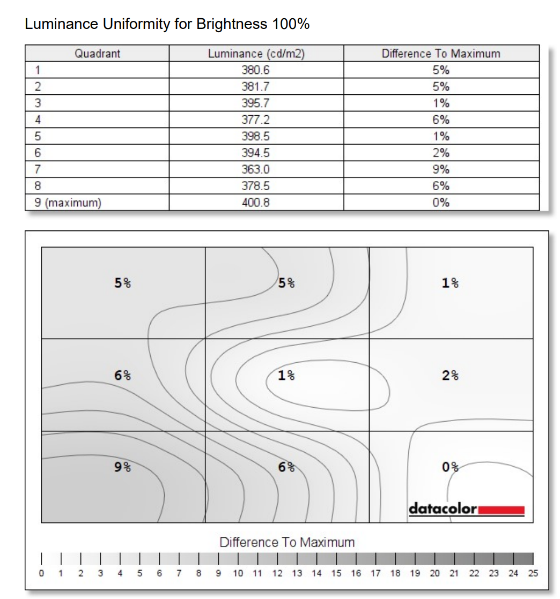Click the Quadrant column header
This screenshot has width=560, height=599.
pyautogui.click(x=97, y=54)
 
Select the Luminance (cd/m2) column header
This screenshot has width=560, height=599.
pyautogui.click(x=256, y=54)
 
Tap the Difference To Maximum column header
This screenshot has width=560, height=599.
pyautogui.click(x=440, y=54)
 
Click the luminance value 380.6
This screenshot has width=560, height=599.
pyautogui.click(x=256, y=70)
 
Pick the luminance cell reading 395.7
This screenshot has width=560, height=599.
pyautogui.click(x=256, y=103)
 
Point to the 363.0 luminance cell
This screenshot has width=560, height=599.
pyautogui.click(x=256, y=169)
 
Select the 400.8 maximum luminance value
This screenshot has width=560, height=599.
pyautogui.click(x=256, y=203)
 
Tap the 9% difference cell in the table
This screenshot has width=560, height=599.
pyautogui.click(x=440, y=169)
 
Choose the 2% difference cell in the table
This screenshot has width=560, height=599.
pyautogui.click(x=440, y=153)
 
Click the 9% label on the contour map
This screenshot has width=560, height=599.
pyautogui.click(x=123, y=467)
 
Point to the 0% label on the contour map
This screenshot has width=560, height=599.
pyautogui.click(x=450, y=467)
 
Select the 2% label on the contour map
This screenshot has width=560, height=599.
pyautogui.click(x=450, y=375)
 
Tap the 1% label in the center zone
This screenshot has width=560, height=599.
pyautogui.click(x=286, y=375)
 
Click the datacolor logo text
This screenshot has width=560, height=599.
pyautogui.click(x=443, y=508)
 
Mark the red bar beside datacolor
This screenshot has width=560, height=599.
pyautogui.click(x=501, y=509)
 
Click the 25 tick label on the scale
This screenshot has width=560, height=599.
pyautogui.click(x=533, y=573)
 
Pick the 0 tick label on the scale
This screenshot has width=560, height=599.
pyautogui.click(x=41, y=573)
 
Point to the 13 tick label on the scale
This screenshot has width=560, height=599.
pyautogui.click(x=297, y=573)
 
